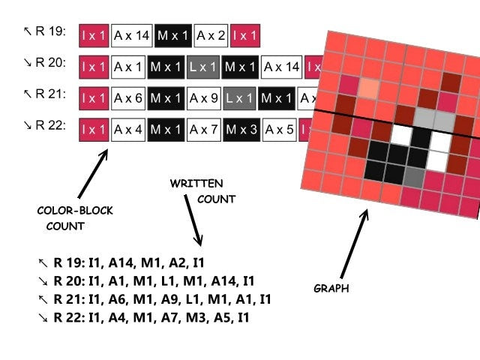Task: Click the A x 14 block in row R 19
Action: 132,34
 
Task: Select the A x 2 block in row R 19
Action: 211,34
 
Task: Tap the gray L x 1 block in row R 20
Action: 202,67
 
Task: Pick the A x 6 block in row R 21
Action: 128,98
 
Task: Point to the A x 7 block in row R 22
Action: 203,130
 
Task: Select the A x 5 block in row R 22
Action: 280,130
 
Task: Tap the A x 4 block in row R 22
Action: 128,130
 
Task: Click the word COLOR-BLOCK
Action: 75,211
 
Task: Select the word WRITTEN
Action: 196,183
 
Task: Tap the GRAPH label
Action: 331,288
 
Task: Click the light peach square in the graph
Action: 367,89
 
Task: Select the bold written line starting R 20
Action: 147,281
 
